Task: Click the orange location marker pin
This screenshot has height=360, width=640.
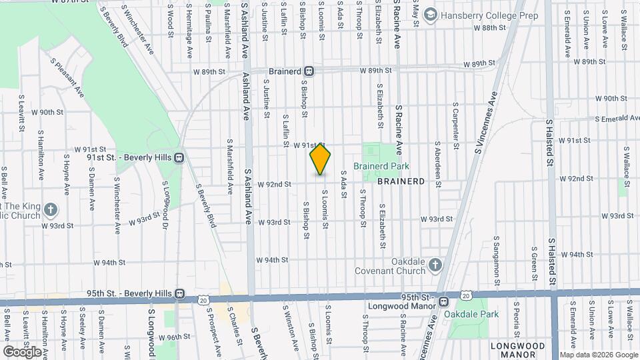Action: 321,159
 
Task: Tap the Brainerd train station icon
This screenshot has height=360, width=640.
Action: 309,71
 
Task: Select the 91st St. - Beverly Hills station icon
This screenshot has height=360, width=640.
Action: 179,158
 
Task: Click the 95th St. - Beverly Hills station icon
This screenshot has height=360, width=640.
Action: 179,293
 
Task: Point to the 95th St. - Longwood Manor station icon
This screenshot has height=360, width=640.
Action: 443,302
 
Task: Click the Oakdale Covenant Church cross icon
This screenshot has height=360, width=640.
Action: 435,266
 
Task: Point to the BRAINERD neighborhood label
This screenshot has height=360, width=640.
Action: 401,181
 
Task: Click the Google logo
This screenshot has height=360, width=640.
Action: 22,351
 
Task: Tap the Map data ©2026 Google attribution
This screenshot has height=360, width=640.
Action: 598,355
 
